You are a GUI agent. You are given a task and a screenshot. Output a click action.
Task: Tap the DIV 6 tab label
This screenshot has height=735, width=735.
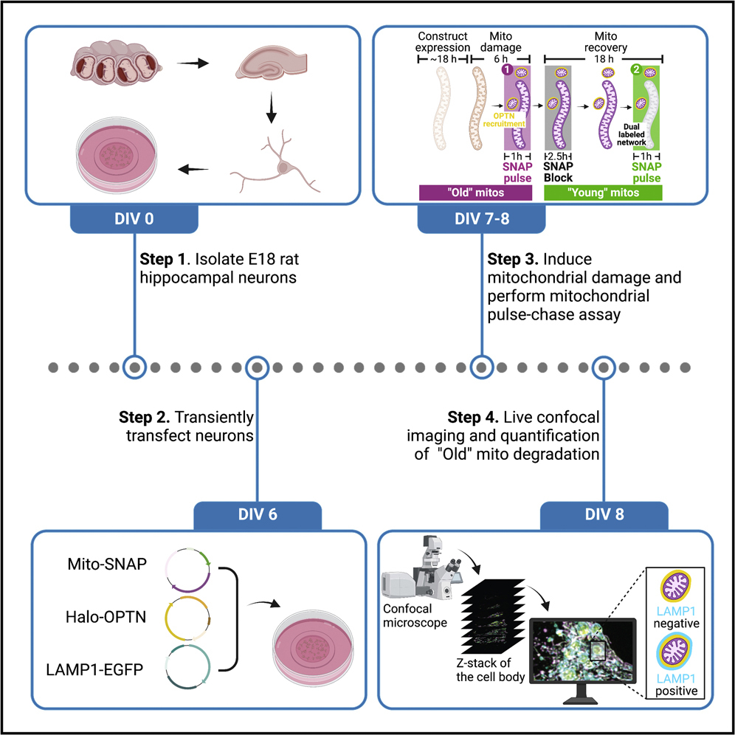257,515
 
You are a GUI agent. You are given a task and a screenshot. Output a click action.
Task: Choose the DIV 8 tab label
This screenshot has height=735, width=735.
604,515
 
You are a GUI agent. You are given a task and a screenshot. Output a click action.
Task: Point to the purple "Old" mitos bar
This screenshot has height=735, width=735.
475,193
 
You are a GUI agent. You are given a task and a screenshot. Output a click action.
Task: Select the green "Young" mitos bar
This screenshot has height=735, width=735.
603,193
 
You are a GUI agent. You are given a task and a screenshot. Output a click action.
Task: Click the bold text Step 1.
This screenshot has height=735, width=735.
162,260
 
